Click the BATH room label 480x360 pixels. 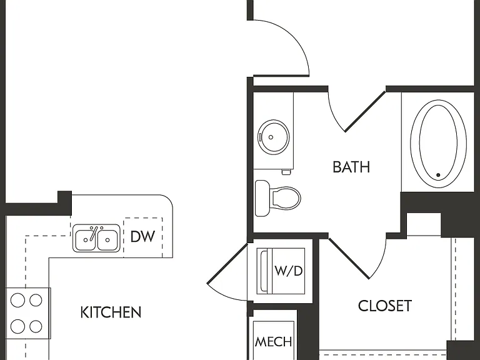(x=351, y=167)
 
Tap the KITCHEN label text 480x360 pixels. (x=111, y=312)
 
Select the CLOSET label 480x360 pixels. (x=385, y=306)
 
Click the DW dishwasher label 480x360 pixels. (x=142, y=237)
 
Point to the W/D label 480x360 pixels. (x=289, y=271)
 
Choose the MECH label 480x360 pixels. (x=273, y=342)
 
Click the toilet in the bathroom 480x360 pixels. (x=277, y=198)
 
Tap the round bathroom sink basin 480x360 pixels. (x=273, y=137)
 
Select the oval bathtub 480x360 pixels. (x=438, y=142)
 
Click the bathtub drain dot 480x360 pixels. (x=438, y=175)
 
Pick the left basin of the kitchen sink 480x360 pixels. (x=86, y=239)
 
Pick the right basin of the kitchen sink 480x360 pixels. (x=107, y=239)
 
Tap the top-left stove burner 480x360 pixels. (x=17, y=300)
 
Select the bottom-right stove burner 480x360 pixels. (x=36, y=327)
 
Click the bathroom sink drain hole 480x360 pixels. (x=271, y=137)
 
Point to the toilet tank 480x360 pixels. (x=262, y=198)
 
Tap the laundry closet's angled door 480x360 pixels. (x=227, y=263)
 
